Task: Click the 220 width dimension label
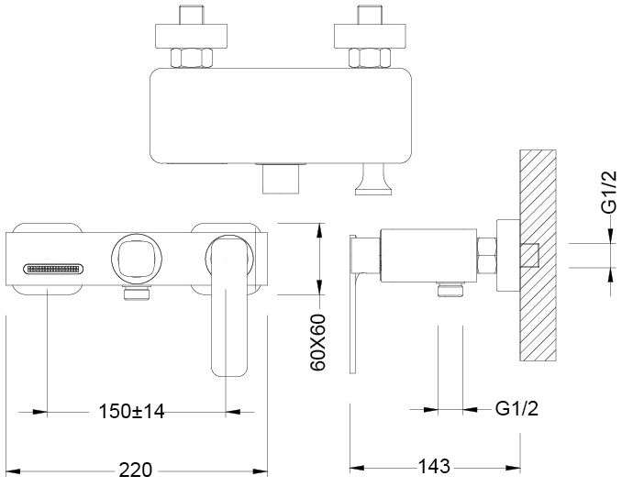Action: pyautogui.click(x=135, y=470)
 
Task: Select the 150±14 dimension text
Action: pyautogui.click(x=131, y=411)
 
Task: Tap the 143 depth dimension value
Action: pyautogui.click(x=434, y=467)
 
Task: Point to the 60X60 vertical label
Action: pyautogui.click(x=317, y=342)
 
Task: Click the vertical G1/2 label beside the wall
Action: pyautogui.click(x=609, y=192)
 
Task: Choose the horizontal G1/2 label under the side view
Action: pyautogui.click(x=516, y=408)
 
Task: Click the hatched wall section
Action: pyautogui.click(x=538, y=255)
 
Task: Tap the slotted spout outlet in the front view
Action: pyautogui.click(x=53, y=270)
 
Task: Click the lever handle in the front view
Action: pyautogui.click(x=228, y=305)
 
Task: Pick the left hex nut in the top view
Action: pyautogui.click(x=192, y=58)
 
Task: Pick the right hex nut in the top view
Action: pyautogui.click(x=370, y=58)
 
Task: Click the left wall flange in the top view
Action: pyautogui.click(x=191, y=36)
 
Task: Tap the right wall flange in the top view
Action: pyautogui.click(x=370, y=36)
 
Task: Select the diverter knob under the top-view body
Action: pyautogui.click(x=373, y=180)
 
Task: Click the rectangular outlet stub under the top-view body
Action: pyautogui.click(x=281, y=179)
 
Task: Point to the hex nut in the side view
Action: pyautogui.click(x=487, y=256)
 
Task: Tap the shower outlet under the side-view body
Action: pyautogui.click(x=450, y=289)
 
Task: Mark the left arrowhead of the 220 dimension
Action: pyautogui.click(x=13, y=471)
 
